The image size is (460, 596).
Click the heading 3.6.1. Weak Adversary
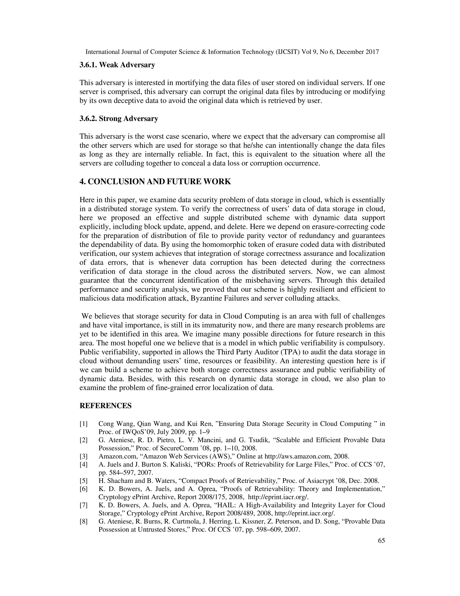[x=117, y=65]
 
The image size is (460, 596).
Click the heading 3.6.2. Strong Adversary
[x=119, y=119]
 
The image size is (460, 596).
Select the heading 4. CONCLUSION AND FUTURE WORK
[x=155, y=181]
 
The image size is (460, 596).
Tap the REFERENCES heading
[x=106, y=406]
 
